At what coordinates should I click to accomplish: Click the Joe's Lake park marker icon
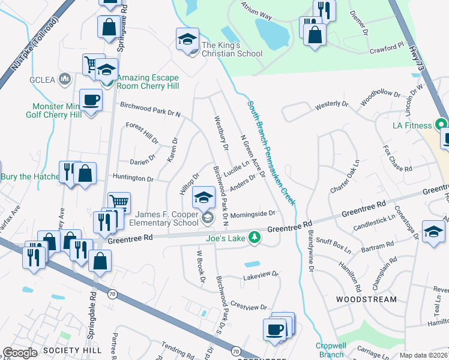click(255, 238)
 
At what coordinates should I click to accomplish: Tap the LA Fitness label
click(412, 125)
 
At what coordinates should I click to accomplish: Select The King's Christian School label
click(232, 49)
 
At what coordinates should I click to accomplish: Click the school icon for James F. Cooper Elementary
click(203, 197)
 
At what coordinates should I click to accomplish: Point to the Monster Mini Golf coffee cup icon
click(91, 100)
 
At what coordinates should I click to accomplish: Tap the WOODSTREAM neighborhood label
click(366, 299)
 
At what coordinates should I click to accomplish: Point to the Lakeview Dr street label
click(261, 275)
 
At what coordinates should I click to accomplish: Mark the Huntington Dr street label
click(133, 178)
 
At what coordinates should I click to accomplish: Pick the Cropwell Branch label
click(330, 350)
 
